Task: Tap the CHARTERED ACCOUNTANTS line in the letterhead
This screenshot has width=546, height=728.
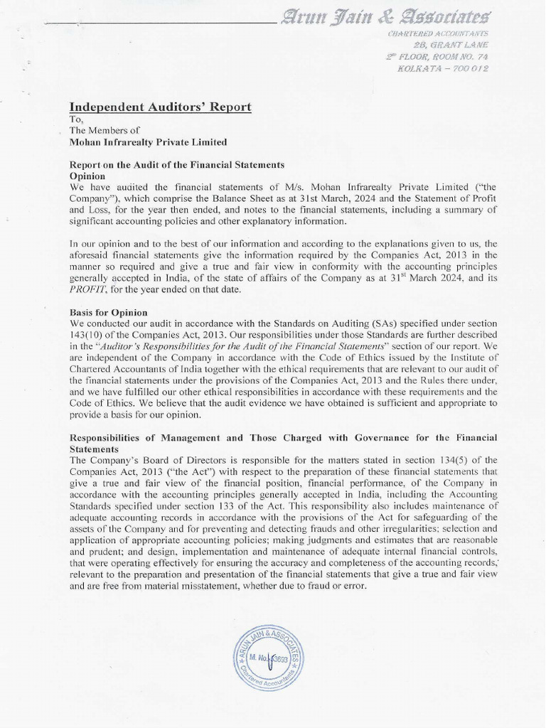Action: click(437, 34)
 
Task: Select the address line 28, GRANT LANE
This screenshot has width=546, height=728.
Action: click(453, 45)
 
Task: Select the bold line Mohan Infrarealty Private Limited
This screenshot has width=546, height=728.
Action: click(147, 142)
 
